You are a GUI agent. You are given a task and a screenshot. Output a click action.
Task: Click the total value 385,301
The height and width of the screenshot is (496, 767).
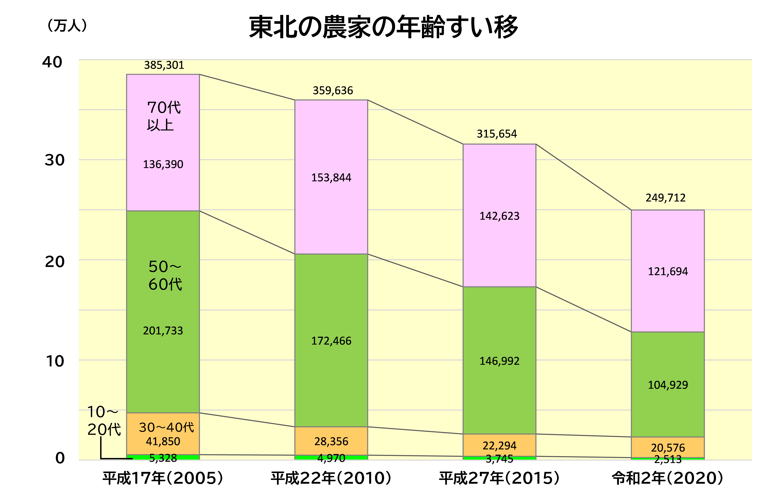tap(164, 65)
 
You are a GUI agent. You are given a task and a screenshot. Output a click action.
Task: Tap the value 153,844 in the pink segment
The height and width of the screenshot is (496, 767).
tap(331, 178)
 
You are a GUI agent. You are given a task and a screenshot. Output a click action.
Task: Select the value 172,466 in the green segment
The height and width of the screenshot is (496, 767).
tap(331, 341)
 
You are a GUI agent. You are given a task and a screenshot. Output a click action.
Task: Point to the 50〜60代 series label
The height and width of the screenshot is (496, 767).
tap(165, 275)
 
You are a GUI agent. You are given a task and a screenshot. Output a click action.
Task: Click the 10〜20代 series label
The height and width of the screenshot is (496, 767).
tap(104, 421)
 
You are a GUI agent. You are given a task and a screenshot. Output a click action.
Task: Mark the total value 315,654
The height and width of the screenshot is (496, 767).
tap(497, 134)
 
